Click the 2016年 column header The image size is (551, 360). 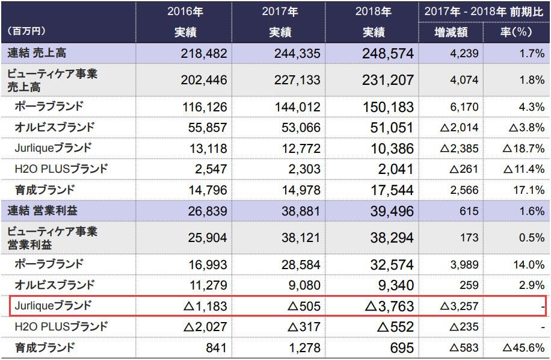point(184,11)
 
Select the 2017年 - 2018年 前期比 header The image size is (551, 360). point(484,11)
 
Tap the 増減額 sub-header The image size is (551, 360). point(451,32)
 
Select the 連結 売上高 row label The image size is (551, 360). point(37,53)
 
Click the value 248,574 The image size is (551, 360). point(388,53)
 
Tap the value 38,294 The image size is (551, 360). point(388,237)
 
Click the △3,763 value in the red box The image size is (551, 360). point(390,306)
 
